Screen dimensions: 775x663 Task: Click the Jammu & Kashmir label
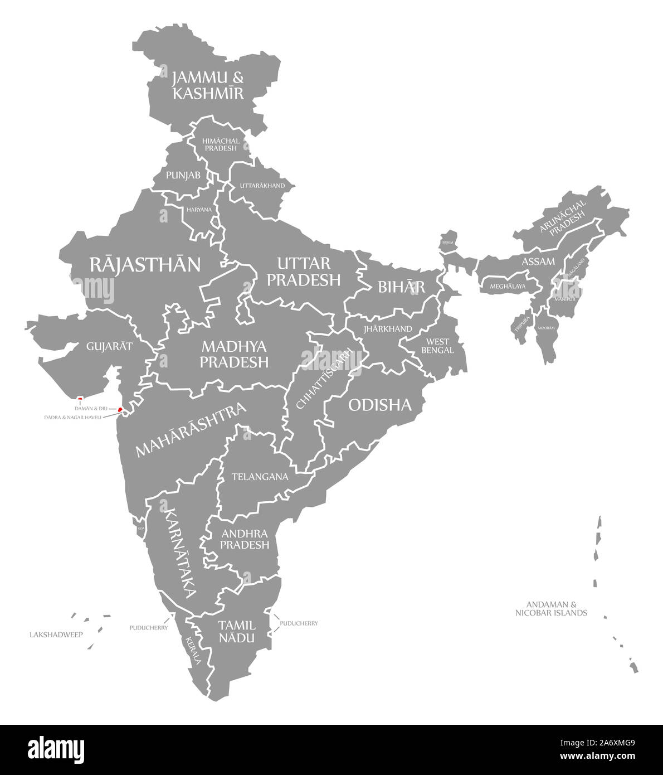tap(208, 85)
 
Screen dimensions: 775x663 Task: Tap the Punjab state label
tap(183, 175)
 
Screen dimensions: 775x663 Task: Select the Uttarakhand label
tap(262, 186)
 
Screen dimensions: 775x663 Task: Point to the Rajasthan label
tap(145, 264)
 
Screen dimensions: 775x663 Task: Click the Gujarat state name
tap(109, 346)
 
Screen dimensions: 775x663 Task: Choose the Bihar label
tap(401, 287)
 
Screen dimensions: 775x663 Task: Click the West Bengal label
tap(440, 346)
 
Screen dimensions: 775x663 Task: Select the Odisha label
tap(379, 405)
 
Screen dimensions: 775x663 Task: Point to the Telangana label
tap(260, 477)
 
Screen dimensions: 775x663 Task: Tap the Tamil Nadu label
tap(237, 631)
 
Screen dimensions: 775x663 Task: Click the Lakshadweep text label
tap(56, 634)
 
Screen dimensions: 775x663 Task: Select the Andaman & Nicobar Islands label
tap(551, 608)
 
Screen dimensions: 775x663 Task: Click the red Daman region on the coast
tap(120, 410)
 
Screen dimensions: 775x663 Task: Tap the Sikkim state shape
tap(448, 240)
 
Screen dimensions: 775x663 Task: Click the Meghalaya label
tap(508, 287)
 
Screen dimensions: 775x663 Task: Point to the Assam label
tap(538, 261)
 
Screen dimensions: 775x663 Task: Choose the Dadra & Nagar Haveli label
tap(74, 416)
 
